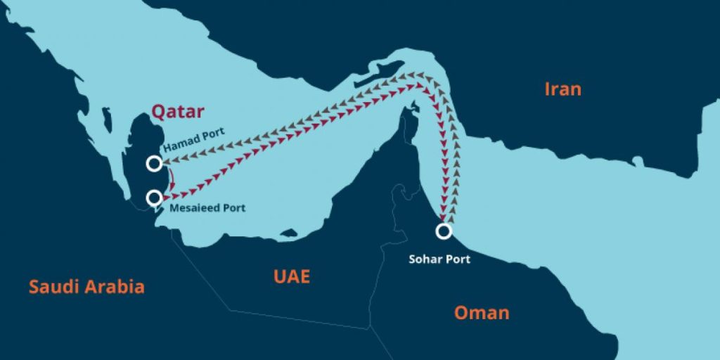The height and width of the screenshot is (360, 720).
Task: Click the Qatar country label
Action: (178, 111)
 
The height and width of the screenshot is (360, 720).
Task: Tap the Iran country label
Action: (563, 89)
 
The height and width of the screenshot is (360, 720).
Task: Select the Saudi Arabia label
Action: (86, 286)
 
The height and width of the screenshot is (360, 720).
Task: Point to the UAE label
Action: (291, 276)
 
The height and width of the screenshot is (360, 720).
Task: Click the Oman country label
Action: (482, 312)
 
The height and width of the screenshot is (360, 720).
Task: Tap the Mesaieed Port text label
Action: (207, 208)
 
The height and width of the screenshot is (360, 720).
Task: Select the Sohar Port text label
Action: (439, 259)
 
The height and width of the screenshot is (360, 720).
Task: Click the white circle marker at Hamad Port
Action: (154, 164)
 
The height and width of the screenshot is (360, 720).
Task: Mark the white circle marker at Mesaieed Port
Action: (154, 198)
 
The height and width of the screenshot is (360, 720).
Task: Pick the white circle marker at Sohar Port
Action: (443, 231)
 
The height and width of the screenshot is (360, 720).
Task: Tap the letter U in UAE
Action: (279, 276)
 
